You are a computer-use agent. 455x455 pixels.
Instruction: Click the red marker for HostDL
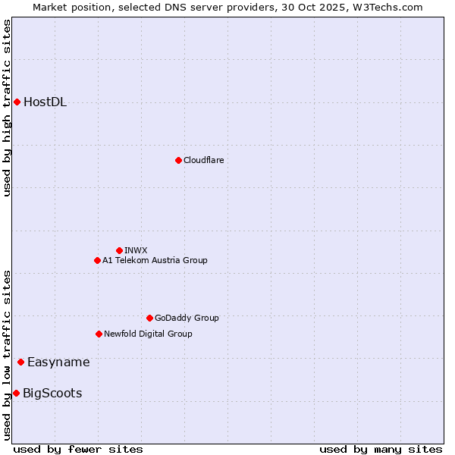click(x=17, y=102)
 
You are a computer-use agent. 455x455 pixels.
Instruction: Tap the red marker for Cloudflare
click(x=178, y=160)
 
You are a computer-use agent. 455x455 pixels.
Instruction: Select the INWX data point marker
click(x=119, y=250)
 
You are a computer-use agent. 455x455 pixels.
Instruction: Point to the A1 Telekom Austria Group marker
click(x=97, y=260)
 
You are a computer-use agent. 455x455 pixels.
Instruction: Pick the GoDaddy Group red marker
click(x=149, y=318)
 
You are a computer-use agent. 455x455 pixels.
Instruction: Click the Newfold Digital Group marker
click(x=99, y=334)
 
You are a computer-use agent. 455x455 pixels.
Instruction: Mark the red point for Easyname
click(x=20, y=362)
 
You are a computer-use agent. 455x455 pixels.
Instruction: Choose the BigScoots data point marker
click(x=16, y=393)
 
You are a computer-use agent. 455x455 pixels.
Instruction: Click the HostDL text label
click(x=45, y=102)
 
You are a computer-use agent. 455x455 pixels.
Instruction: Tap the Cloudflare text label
click(x=203, y=160)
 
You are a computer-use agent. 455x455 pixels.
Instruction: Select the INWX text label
click(x=136, y=250)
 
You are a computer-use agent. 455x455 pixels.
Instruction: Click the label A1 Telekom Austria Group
click(x=155, y=260)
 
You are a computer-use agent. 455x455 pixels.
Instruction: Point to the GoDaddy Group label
click(x=187, y=318)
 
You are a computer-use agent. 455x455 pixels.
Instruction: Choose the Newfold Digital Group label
click(x=148, y=334)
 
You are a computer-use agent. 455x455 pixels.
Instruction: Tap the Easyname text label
click(x=58, y=362)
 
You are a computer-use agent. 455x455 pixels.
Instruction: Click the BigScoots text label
click(x=52, y=394)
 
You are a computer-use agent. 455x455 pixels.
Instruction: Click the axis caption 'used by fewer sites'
click(x=78, y=449)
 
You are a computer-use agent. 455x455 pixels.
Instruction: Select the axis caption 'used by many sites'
click(x=381, y=449)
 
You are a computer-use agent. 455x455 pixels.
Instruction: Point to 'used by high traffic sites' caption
click(x=7, y=108)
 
